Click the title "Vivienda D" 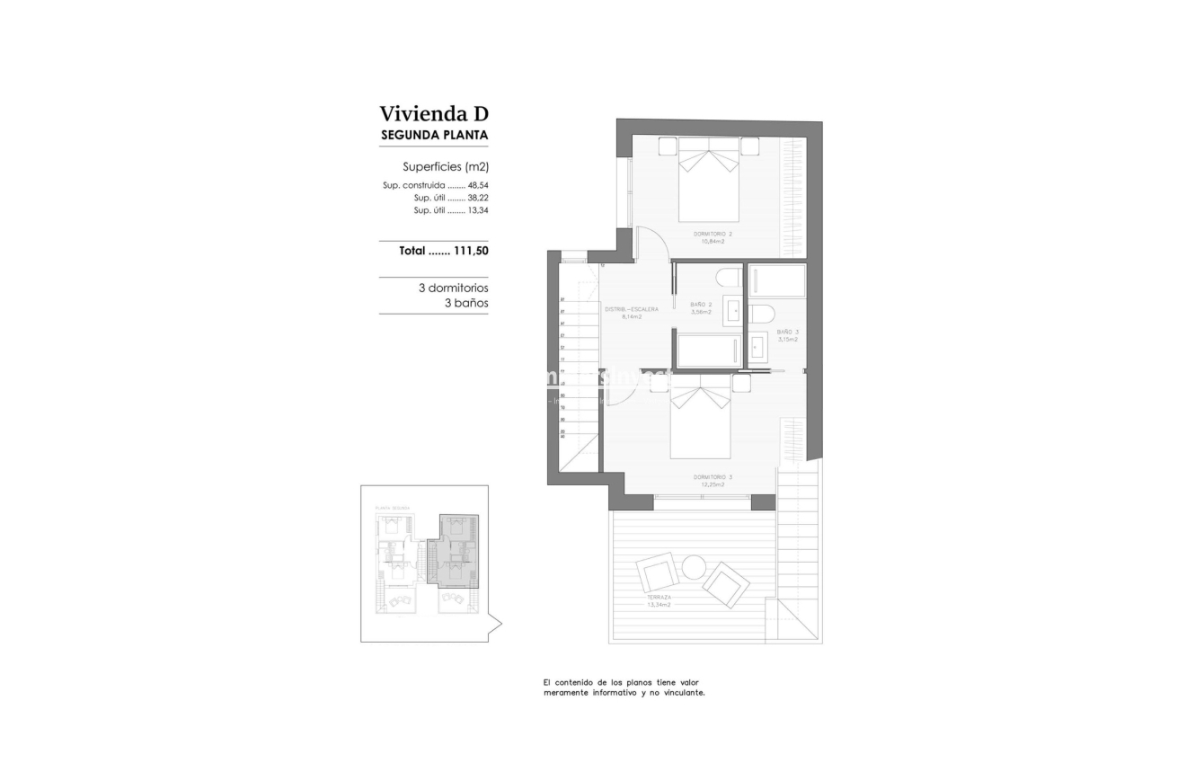(x=433, y=114)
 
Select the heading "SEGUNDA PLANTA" (x=434, y=136)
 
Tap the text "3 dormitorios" (x=453, y=288)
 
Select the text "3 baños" (x=466, y=304)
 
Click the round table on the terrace (x=694, y=567)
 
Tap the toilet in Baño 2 (x=729, y=278)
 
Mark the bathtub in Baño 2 (x=709, y=351)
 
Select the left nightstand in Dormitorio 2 (x=668, y=146)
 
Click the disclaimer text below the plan (x=624, y=688)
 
